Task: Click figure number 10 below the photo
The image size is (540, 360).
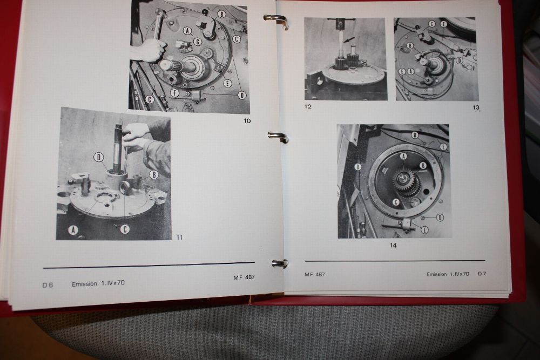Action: coord(247,121)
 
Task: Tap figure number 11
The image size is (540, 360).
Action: coord(179,237)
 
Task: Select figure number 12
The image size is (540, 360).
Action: coord(308,107)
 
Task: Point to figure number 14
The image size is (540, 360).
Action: coord(393,246)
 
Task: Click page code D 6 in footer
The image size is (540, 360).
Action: coord(48,285)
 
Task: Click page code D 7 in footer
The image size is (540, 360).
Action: coord(482,274)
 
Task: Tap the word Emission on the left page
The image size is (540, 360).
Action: coord(84,284)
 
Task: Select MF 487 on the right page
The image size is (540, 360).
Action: coord(314,274)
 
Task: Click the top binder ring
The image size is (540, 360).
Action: coord(275,21)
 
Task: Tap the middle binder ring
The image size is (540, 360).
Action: coord(278,137)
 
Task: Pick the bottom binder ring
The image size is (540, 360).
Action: coord(280,263)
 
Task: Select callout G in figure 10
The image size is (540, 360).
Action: coord(197,42)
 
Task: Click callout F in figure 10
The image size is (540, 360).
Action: coord(174,92)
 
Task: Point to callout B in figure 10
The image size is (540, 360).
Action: coord(222,14)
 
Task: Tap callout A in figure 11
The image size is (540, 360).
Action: coord(73,229)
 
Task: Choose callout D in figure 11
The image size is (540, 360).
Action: coord(99,157)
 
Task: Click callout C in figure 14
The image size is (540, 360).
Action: coord(396,202)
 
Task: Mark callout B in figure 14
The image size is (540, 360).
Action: coord(423,166)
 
